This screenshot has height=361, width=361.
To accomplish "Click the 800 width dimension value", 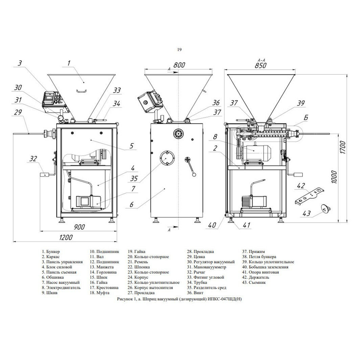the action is [x=179, y=65].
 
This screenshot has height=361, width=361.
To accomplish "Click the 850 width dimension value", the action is [x=261, y=66].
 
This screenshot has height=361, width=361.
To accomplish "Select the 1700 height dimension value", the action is [x=342, y=148].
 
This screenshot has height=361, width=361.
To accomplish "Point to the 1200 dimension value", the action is [x=66, y=238].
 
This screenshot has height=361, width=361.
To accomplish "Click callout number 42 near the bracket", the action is [x=300, y=186].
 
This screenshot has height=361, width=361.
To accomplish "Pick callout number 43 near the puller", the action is [x=307, y=213].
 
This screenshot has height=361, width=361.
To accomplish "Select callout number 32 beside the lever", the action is [x=33, y=159].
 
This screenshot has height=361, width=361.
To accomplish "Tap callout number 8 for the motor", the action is [x=215, y=137].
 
